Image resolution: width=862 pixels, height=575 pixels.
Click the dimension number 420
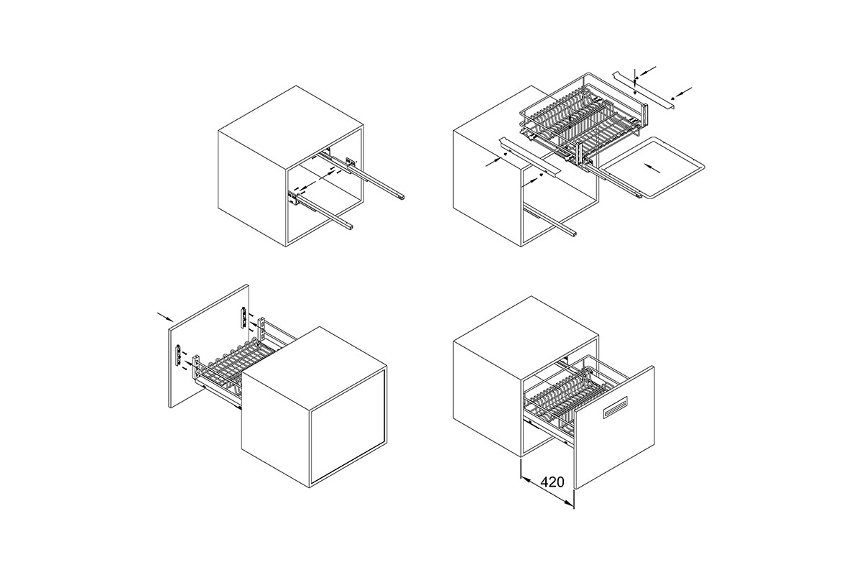(x=552, y=482)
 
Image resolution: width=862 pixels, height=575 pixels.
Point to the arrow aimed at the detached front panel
(x=165, y=316)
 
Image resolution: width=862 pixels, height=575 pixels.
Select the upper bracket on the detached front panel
(x=244, y=317)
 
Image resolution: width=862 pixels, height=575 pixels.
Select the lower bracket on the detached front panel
(x=178, y=355)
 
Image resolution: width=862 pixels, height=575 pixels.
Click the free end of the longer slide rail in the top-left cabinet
(x=401, y=196)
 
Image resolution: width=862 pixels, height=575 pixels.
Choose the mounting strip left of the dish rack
(x=530, y=155)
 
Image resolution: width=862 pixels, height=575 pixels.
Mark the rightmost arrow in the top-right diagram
(x=682, y=93)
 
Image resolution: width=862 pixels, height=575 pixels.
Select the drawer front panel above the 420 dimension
(x=614, y=427)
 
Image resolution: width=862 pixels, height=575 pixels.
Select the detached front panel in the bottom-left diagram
(x=209, y=346)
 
